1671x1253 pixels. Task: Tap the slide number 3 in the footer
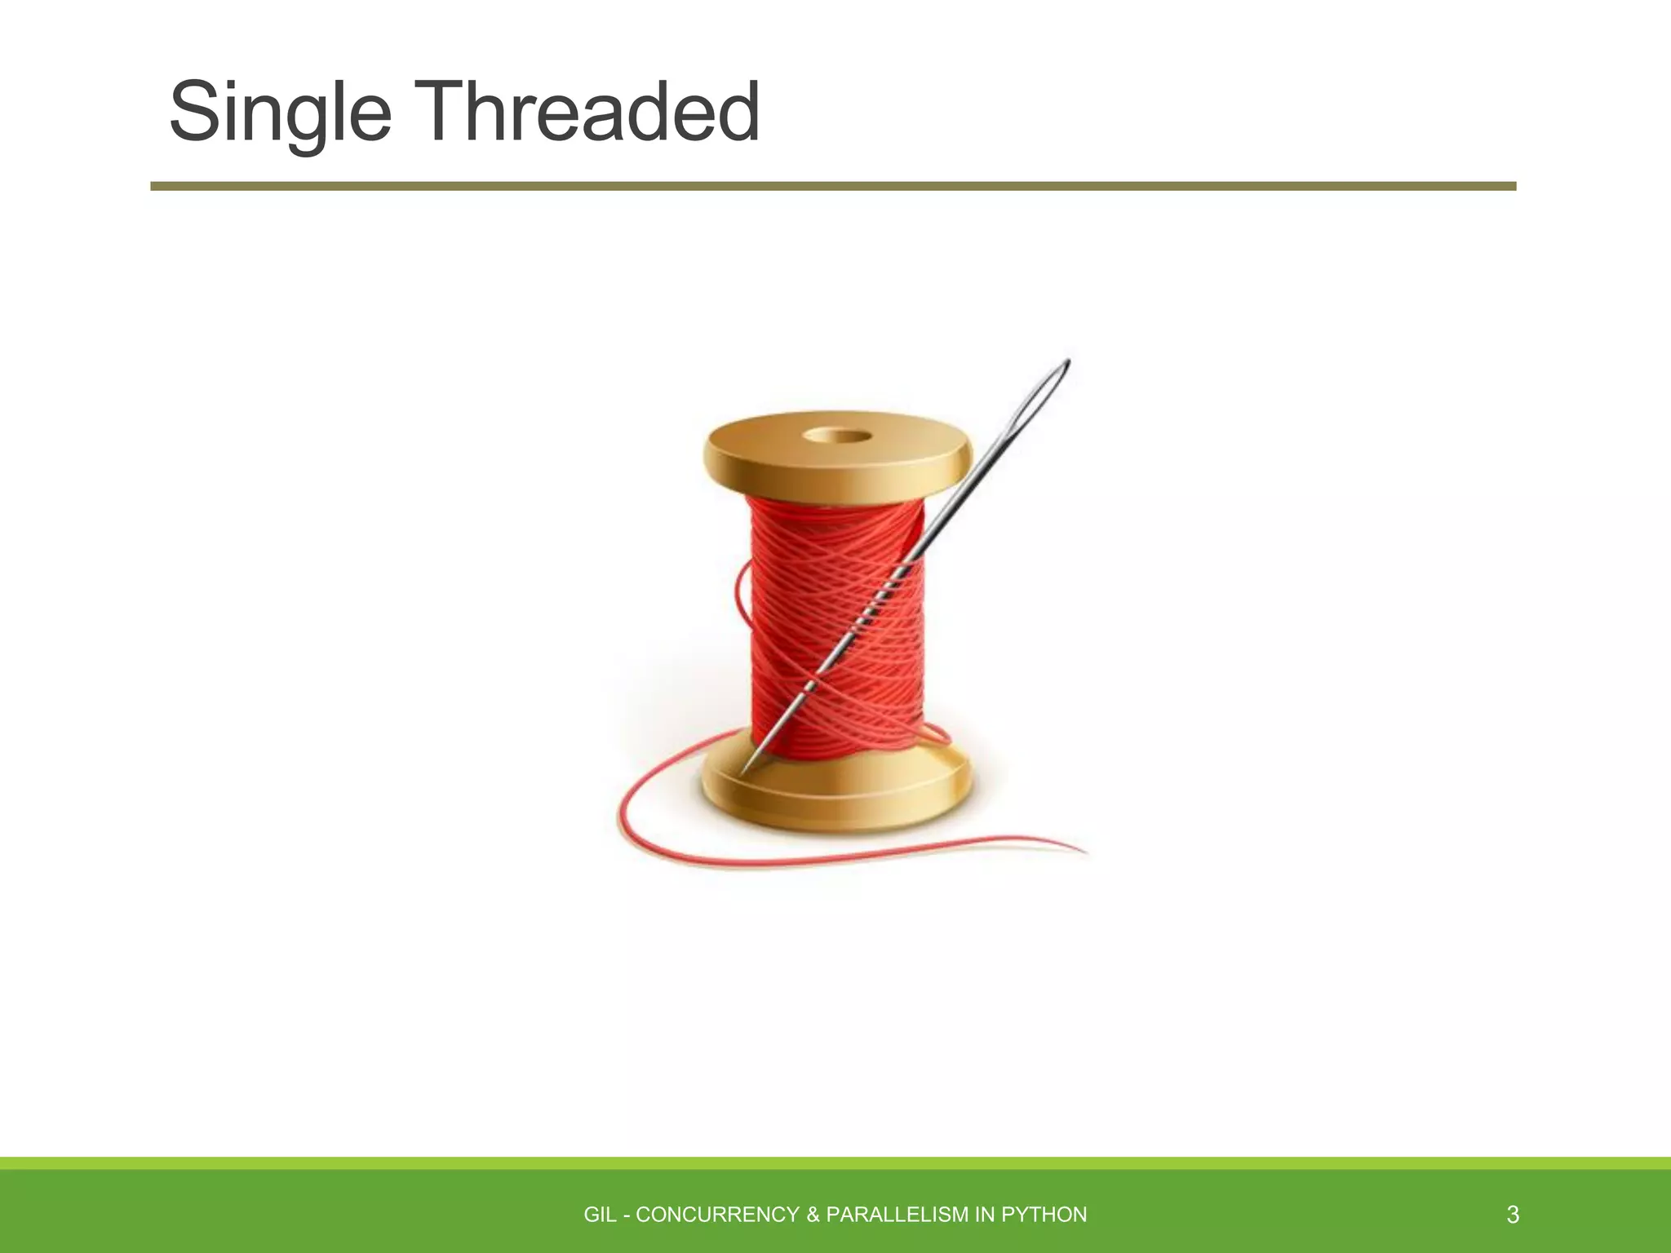1513,1215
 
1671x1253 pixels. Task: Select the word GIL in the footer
600,1215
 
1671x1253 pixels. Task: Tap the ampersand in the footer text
813,1215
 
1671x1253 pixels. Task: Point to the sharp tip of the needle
743,771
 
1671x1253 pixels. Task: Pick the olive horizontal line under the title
832,186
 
